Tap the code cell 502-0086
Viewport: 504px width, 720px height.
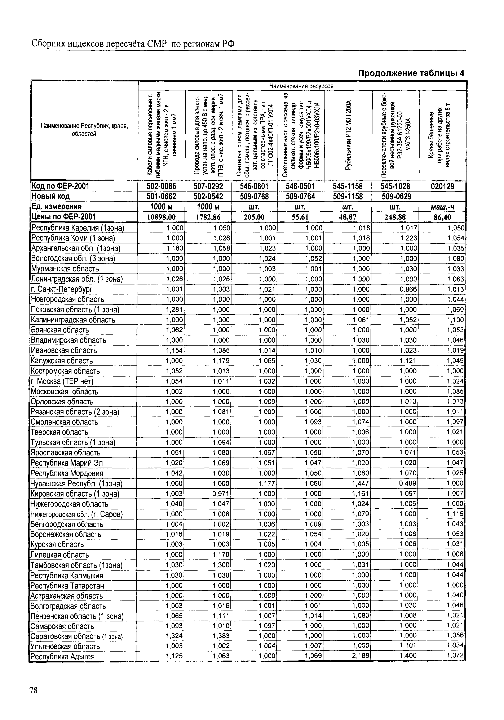point(161,186)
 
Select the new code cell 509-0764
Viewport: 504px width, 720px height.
point(300,197)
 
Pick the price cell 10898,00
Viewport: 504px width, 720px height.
point(161,217)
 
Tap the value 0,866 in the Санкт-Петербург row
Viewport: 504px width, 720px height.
point(408,289)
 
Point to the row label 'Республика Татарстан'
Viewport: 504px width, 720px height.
point(67,586)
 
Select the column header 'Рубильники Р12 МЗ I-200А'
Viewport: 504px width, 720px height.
point(348,135)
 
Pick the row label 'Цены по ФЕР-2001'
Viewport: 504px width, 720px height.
point(63,217)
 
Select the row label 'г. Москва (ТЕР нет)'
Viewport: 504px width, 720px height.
point(62,381)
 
